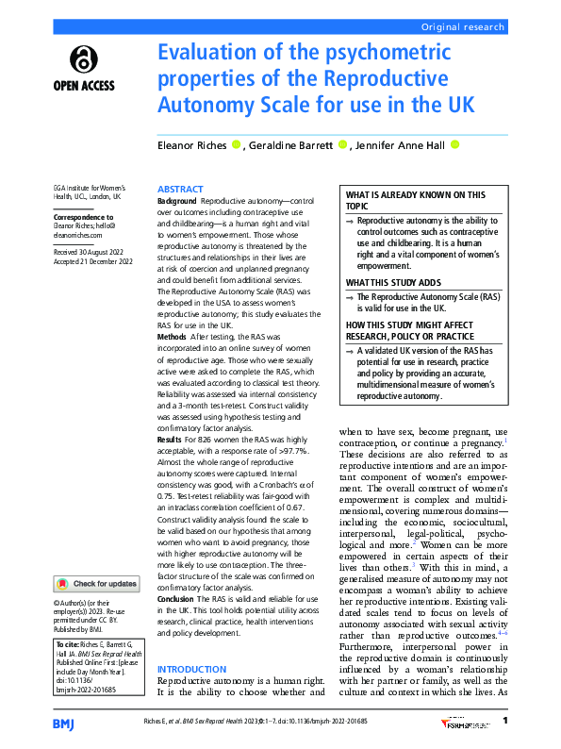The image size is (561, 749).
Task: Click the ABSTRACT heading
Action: point(179,190)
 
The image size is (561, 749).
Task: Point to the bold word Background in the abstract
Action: point(177,202)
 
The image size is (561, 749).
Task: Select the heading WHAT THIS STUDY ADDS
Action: point(392,282)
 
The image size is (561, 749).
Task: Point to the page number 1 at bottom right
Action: point(505,721)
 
